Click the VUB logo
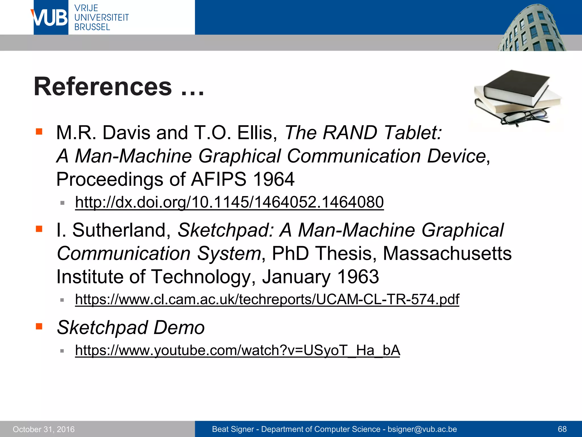click(51, 18)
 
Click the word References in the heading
click(103, 86)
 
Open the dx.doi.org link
click(229, 202)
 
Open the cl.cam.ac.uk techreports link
click(267, 299)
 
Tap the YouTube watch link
click(238, 350)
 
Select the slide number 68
click(562, 429)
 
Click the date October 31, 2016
click(44, 429)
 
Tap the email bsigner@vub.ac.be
click(422, 429)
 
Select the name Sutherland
click(119, 230)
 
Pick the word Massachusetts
click(447, 253)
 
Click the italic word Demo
click(179, 327)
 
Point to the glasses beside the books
click(524, 118)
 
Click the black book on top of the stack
click(516, 85)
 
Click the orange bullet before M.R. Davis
click(39, 131)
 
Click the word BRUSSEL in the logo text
click(92, 27)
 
